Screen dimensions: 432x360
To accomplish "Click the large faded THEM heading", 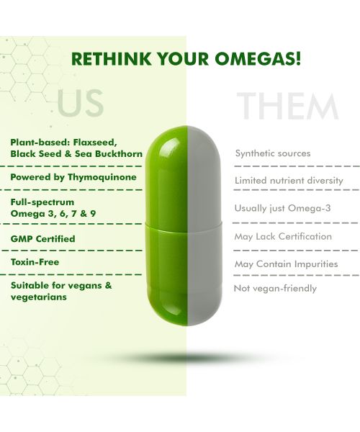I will pos(288,107).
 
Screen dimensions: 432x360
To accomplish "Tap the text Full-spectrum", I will pos(42,202).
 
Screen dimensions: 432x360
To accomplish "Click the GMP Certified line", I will pos(43,238).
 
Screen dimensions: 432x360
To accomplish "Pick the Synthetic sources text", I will pos(273,153).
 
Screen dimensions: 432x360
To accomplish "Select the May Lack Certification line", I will pos(283,236).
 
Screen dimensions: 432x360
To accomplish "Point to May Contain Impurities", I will pos(286,264).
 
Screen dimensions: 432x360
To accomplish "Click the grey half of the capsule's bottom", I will pos(203,281).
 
